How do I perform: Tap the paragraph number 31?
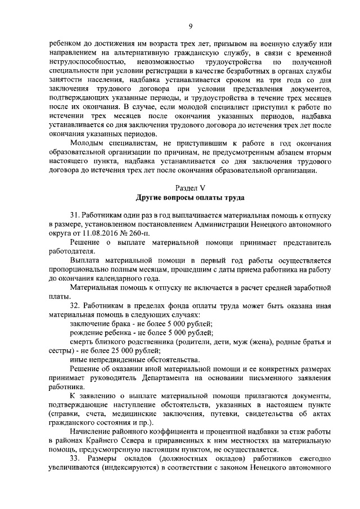(x=75, y=216)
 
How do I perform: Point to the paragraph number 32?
(x=75, y=305)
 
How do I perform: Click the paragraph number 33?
(x=75, y=458)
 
